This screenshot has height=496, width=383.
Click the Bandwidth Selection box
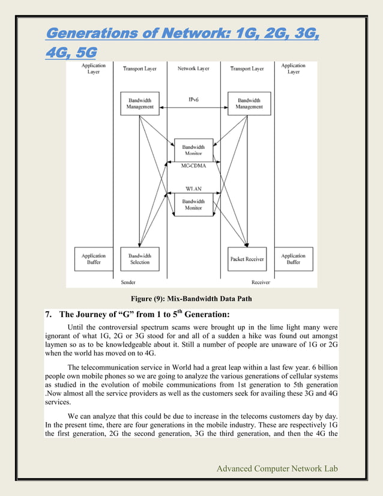coord(140,258)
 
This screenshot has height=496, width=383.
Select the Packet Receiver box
coord(246,258)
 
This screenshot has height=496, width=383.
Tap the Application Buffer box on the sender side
coord(93,258)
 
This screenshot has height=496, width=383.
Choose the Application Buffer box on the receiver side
coord(294,258)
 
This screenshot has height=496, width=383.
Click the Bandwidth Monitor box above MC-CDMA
coord(193,150)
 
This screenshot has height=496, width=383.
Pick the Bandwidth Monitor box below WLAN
coord(193,204)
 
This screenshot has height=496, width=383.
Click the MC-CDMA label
coord(193,165)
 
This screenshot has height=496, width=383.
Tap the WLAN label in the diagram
coord(193,189)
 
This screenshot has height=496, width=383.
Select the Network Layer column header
coord(193,69)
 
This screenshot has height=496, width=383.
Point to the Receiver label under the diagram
coord(261,281)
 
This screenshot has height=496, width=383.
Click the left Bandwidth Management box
coord(140,103)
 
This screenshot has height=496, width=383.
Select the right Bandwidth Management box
coord(249,103)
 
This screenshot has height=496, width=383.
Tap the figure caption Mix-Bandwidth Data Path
coord(192,298)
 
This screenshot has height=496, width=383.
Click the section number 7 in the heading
coord(49,314)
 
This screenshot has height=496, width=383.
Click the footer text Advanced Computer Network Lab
coord(279,468)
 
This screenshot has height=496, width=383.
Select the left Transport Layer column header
coord(140,69)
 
